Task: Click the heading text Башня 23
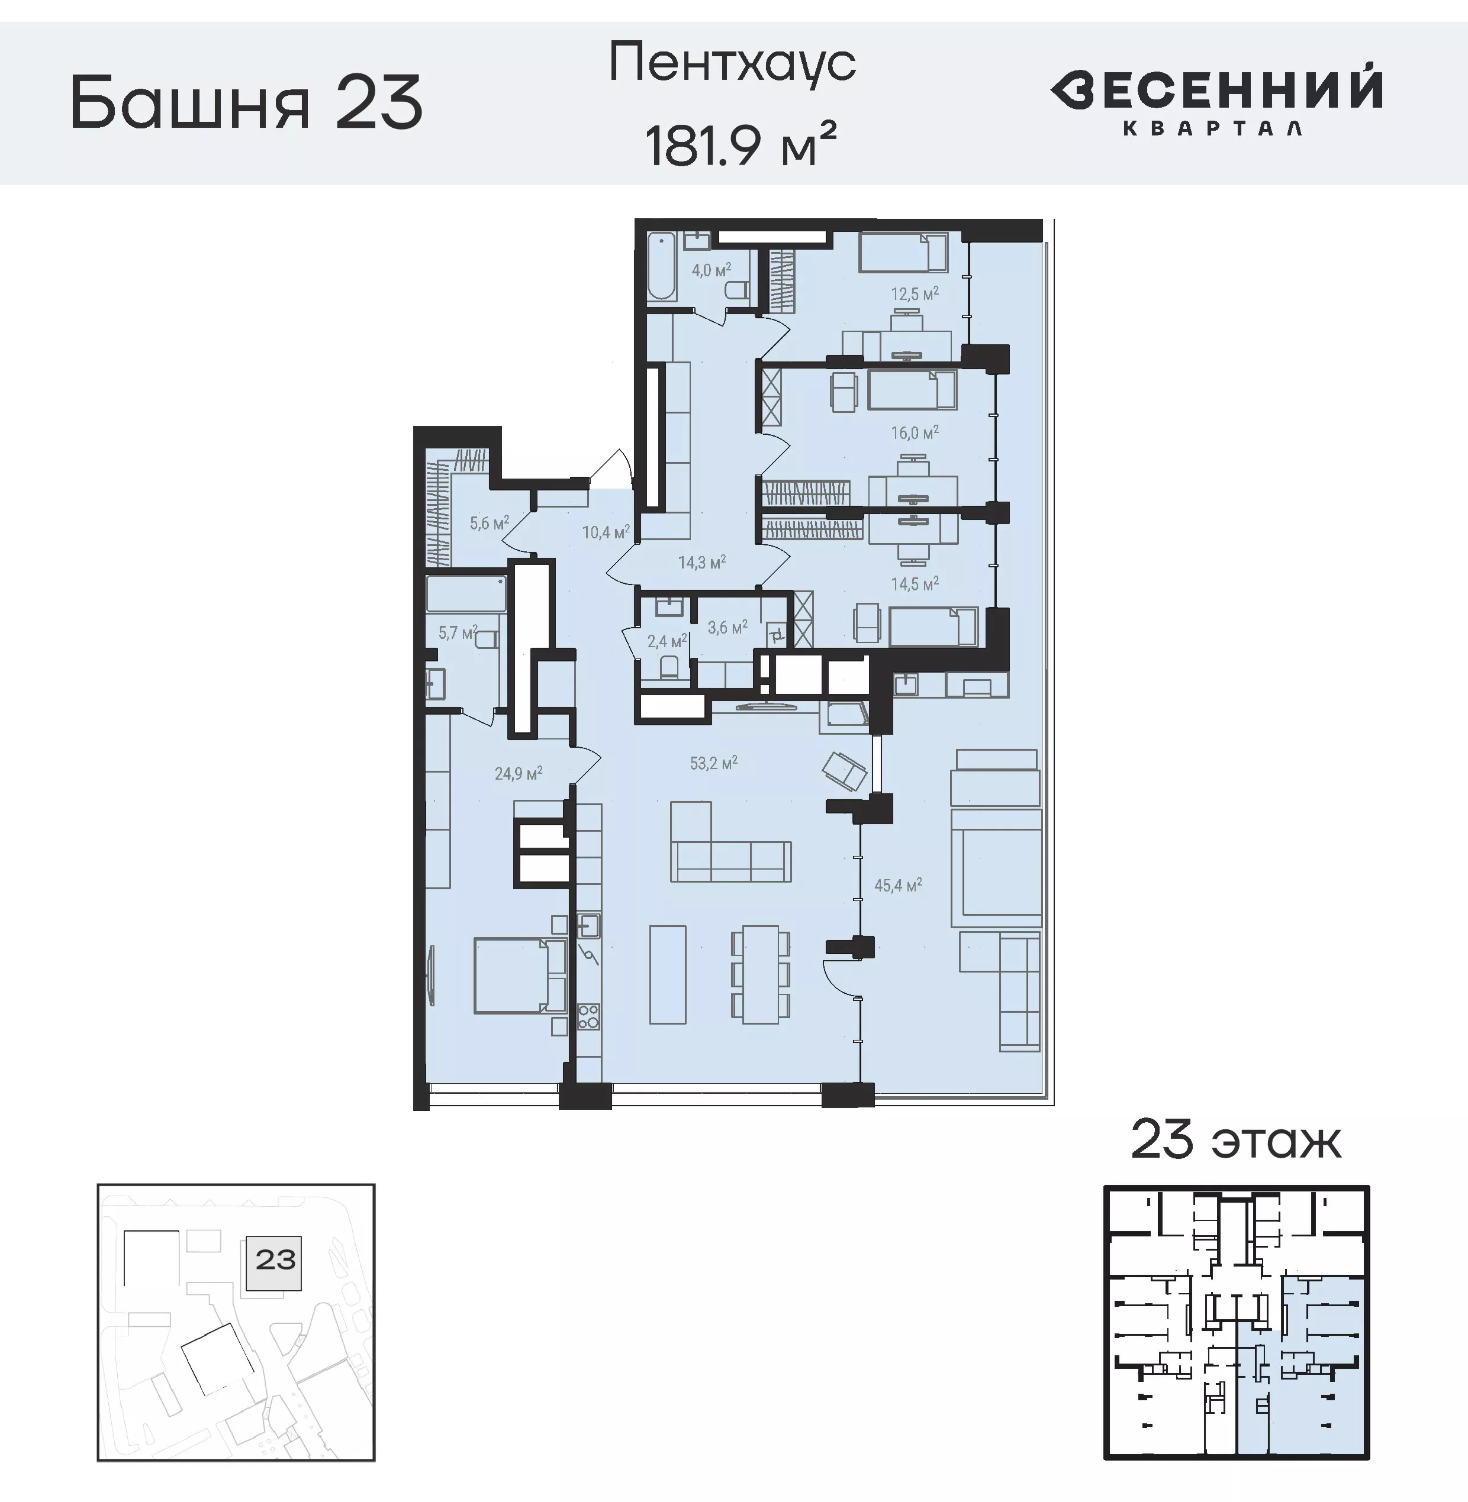[246, 102]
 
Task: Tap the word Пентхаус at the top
[732, 63]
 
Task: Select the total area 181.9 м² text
[740, 144]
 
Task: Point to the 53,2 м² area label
[713, 763]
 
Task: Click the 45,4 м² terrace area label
[897, 886]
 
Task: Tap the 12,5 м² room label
[915, 293]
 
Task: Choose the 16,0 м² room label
[915, 433]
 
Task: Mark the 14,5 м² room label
[915, 584]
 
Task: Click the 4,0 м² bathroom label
[711, 270]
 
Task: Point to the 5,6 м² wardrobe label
[489, 524]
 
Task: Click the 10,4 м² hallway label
[605, 532]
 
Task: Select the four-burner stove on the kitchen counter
[588, 1016]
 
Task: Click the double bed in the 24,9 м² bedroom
[512, 975]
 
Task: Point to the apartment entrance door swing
[613, 467]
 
